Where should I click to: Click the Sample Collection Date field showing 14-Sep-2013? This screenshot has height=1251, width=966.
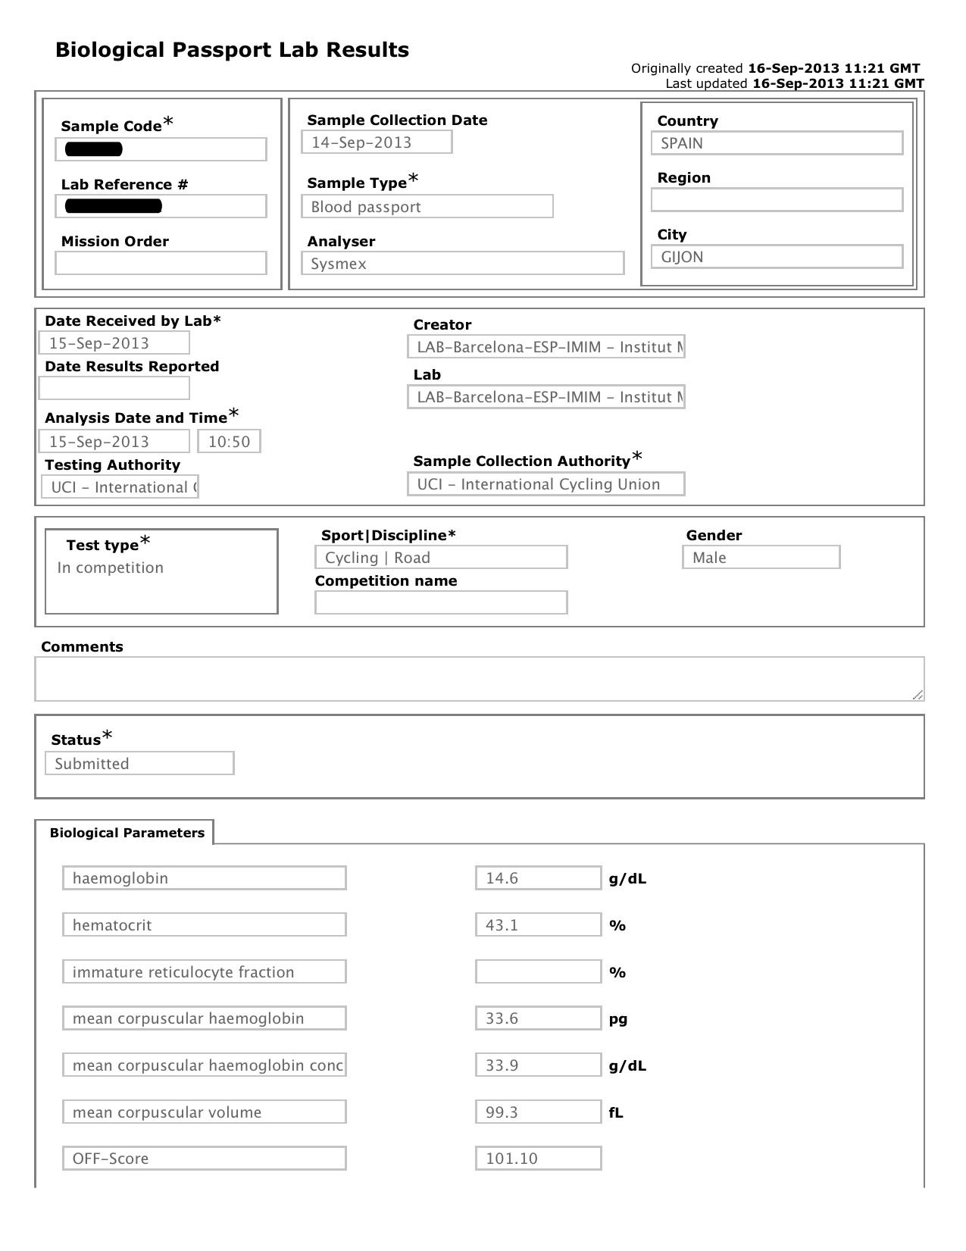[x=377, y=142]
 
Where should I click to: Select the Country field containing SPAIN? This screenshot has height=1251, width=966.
[x=777, y=143]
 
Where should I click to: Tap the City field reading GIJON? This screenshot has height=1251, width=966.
[x=777, y=257]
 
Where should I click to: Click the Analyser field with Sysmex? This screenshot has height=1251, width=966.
[x=462, y=264]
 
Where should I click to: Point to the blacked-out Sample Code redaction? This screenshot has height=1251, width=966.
[x=94, y=149]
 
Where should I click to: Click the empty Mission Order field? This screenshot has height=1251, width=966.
[x=161, y=263]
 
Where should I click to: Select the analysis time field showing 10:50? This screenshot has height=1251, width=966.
[x=229, y=442]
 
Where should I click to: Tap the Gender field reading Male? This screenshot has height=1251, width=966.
[x=761, y=558]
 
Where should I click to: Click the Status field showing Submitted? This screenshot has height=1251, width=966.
[x=139, y=763]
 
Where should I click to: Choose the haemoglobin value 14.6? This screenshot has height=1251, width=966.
[x=538, y=878]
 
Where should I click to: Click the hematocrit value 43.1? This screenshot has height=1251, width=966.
[x=538, y=925]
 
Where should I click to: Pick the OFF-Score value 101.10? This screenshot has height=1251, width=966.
[x=538, y=1159]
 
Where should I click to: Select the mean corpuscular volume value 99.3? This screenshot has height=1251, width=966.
[x=538, y=1112]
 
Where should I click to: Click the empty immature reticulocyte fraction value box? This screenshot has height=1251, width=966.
[x=538, y=972]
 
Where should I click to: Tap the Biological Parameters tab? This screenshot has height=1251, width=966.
[x=127, y=833]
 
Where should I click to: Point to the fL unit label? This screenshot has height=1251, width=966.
[x=616, y=1113]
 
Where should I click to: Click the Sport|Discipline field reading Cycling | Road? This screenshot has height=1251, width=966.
[x=440, y=558]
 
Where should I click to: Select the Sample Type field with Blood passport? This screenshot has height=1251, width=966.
[x=427, y=207]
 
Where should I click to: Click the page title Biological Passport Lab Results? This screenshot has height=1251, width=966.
[x=232, y=50]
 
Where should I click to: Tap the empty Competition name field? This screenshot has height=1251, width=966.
[x=440, y=603]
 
